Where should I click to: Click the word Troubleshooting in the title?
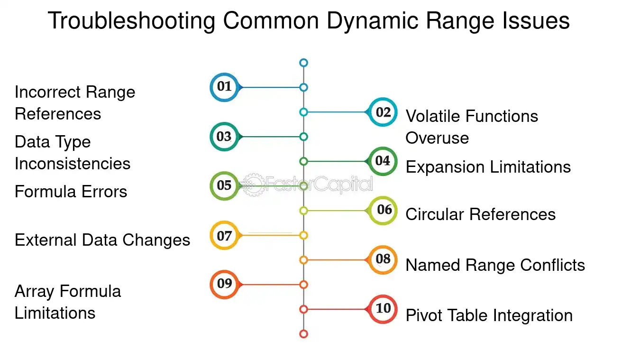131,21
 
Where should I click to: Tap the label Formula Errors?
71,191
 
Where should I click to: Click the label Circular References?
480,214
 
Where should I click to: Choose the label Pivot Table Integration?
489,316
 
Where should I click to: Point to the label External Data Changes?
102,240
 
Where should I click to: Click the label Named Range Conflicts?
495,265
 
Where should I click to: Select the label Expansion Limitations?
488,166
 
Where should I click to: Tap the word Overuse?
437,138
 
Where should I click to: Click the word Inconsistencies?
73,164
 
